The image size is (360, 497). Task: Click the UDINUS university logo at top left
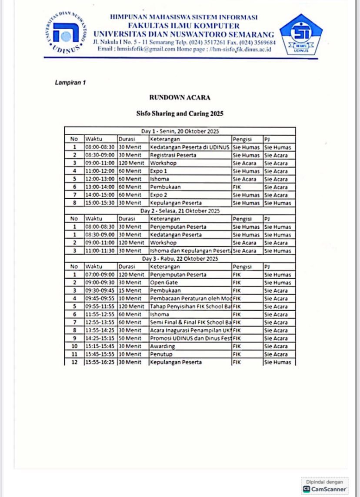point(66,32)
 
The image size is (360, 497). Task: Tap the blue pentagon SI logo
point(300,34)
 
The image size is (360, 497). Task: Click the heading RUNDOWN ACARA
point(180,97)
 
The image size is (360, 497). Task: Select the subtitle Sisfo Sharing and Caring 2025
point(180,113)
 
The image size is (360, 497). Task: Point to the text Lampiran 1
point(70,82)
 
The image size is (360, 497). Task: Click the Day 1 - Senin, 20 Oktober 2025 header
point(180,131)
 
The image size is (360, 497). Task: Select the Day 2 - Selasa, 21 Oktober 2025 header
point(180,211)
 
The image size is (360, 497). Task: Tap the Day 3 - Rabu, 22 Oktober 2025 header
point(180,259)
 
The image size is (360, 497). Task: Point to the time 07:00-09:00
point(100,275)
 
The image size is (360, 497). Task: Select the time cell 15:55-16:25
point(100,362)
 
